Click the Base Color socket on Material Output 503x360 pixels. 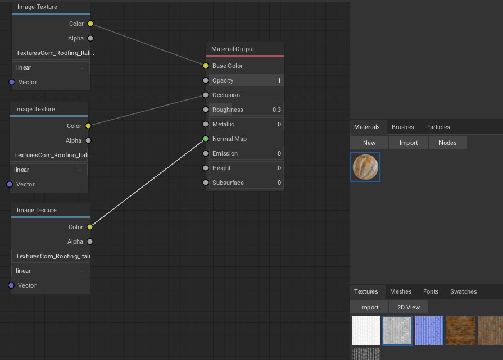(x=206, y=66)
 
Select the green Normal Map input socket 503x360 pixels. (x=206, y=139)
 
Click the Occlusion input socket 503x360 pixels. (x=206, y=95)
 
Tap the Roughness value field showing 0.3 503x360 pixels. (x=246, y=110)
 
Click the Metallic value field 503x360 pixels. (x=246, y=124)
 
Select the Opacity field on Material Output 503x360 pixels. (x=246, y=80)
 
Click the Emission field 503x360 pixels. (x=246, y=153)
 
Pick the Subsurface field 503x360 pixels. (x=246, y=183)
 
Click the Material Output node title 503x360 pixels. (x=233, y=49)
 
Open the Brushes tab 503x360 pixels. (x=402, y=127)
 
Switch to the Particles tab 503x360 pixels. (x=438, y=127)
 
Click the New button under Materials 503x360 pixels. (x=369, y=143)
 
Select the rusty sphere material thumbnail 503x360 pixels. (x=365, y=167)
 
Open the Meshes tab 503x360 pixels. (x=401, y=291)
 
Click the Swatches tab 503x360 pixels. (x=463, y=291)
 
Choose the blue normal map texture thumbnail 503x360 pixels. (x=429, y=330)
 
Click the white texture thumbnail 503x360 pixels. (x=366, y=330)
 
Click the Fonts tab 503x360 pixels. (x=431, y=291)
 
